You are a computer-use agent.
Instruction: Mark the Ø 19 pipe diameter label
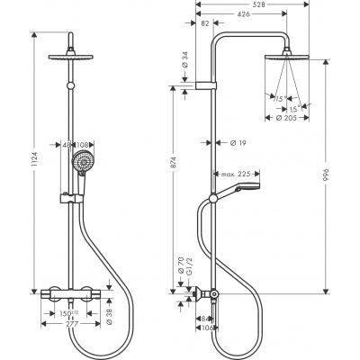tap(238, 141)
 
